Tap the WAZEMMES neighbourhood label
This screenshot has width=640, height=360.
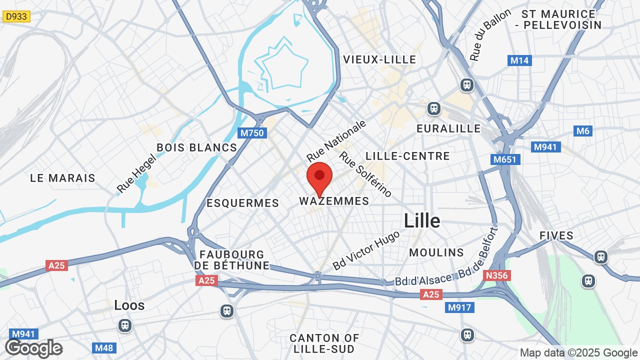coord(334,201)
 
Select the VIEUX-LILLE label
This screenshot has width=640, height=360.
coord(379,59)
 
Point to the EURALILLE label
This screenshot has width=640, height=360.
coord(448,128)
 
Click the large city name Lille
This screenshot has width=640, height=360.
coord(422,220)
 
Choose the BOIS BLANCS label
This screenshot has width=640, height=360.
coord(196,147)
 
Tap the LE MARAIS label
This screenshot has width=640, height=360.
coord(62,178)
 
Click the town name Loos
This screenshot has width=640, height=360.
coord(129,305)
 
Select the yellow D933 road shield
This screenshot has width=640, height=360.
coord(16,16)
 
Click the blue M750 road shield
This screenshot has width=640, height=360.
coord(252,133)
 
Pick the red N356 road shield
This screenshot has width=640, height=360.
coord(496,275)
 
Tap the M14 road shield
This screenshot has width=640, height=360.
coord(519,60)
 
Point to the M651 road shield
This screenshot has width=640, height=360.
coord(505,159)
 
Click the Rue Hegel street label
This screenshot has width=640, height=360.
coord(136,173)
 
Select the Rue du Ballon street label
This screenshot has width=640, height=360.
coord(490,35)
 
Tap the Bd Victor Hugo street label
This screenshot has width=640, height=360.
coord(366,250)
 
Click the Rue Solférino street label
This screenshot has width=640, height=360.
coord(365,173)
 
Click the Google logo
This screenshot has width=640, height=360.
coord(33,348)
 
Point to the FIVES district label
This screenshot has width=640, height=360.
coord(556,235)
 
